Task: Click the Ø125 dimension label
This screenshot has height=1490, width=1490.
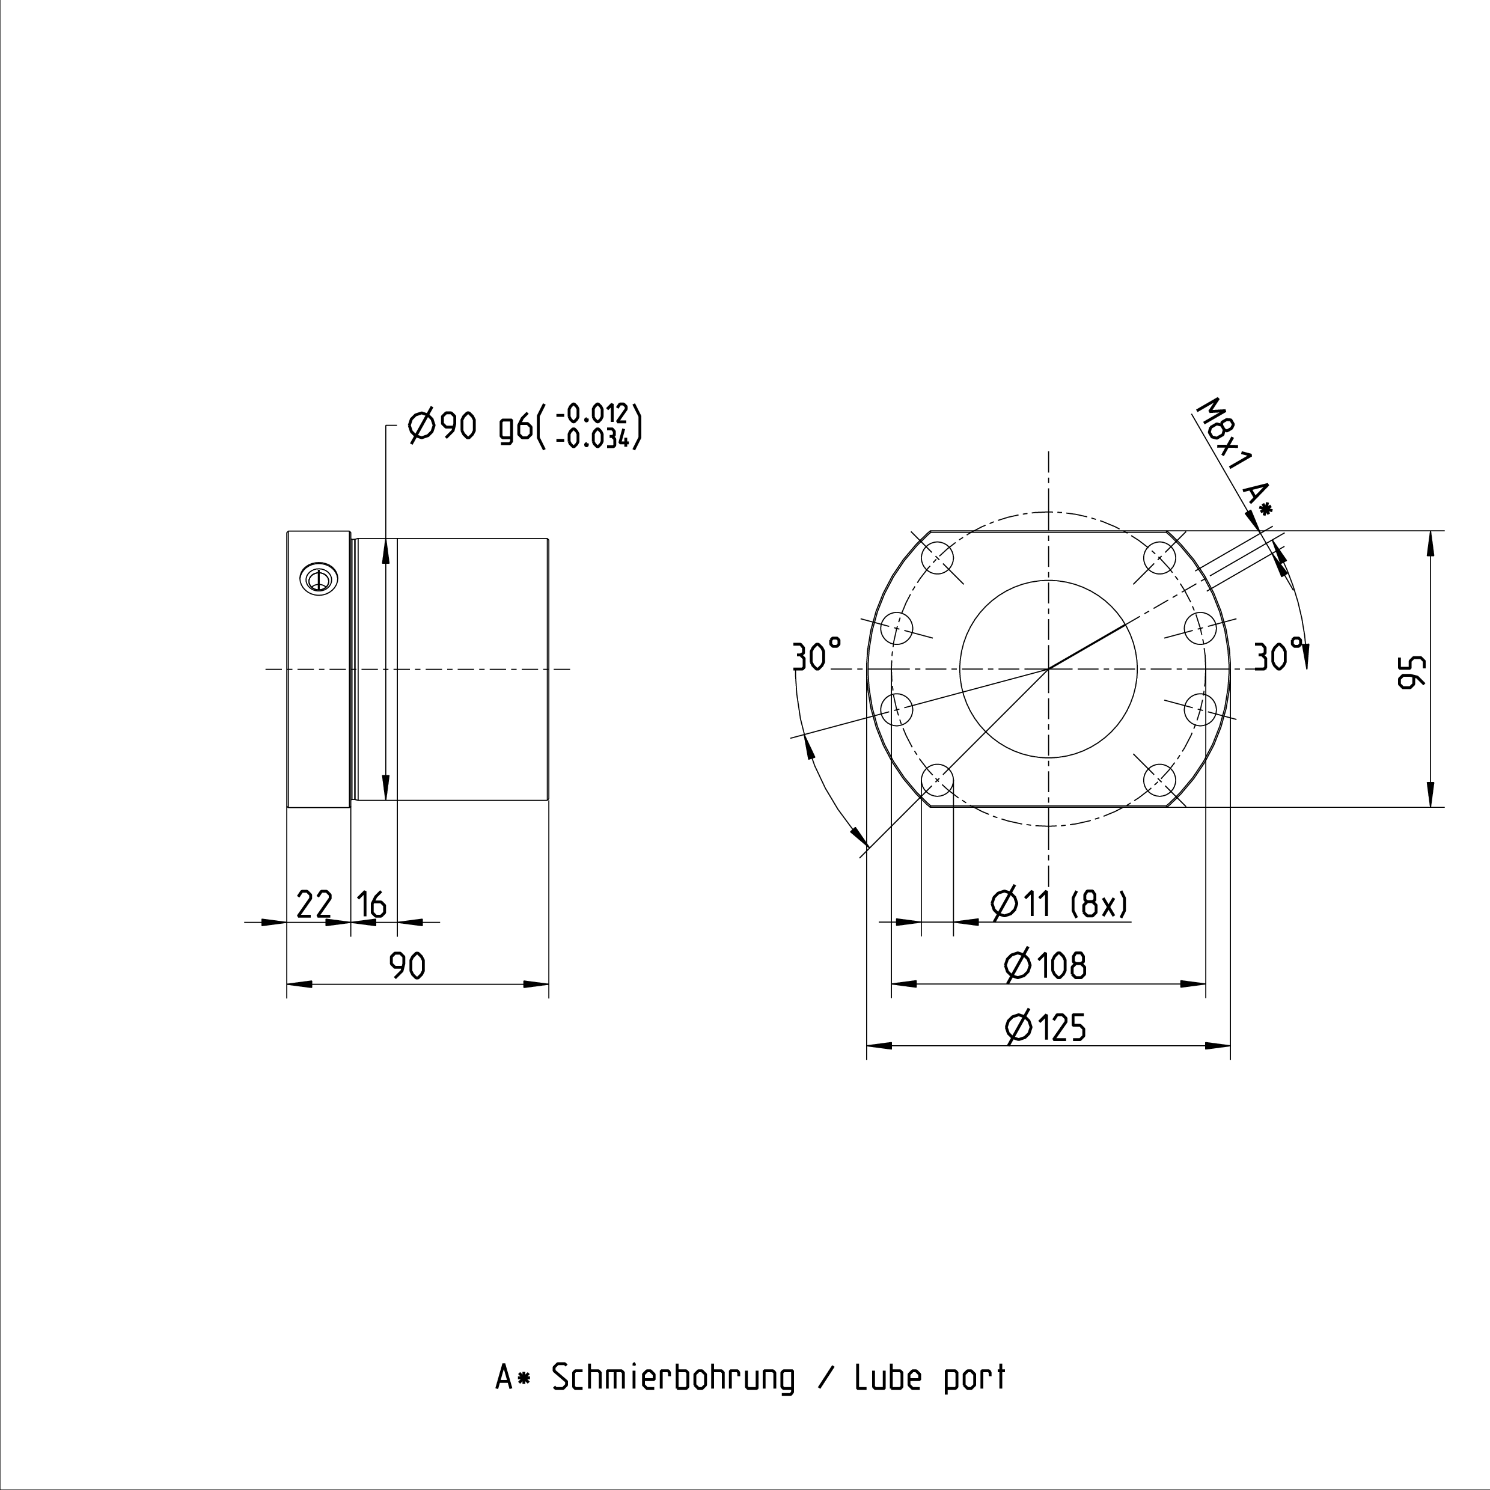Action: (1046, 1027)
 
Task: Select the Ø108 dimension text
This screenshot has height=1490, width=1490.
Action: (1046, 965)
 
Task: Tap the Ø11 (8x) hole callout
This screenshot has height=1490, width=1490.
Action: (1060, 903)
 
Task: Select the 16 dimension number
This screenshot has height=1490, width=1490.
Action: (371, 904)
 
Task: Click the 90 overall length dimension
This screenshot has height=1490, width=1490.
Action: (407, 965)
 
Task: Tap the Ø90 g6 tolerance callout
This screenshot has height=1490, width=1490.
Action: (525, 425)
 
